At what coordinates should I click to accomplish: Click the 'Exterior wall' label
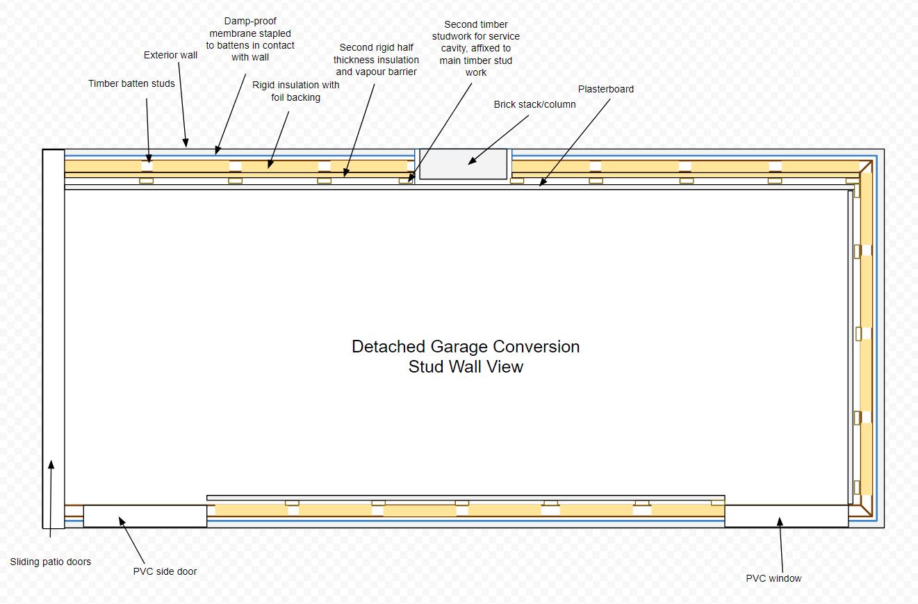170,55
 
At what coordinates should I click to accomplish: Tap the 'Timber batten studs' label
131,83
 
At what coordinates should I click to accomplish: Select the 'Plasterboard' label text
605,89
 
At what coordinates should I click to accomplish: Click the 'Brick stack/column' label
534,104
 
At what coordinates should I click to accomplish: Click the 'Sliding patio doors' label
50,562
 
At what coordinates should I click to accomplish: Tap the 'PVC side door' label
165,571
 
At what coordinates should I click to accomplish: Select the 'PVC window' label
773,578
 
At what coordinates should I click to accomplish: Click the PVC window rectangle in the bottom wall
786,516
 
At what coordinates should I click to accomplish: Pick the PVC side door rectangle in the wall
145,516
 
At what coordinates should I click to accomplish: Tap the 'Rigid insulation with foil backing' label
295,91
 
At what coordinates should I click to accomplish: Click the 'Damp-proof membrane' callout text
250,39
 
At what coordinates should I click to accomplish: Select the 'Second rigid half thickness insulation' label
376,60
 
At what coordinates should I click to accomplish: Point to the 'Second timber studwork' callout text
476,49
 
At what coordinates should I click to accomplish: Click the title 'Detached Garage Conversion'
465,346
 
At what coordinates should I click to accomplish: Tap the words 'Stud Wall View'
465,367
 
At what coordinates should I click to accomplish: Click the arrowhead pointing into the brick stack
470,162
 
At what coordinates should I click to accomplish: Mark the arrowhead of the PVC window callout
778,519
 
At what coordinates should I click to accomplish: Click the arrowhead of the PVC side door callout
121,519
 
